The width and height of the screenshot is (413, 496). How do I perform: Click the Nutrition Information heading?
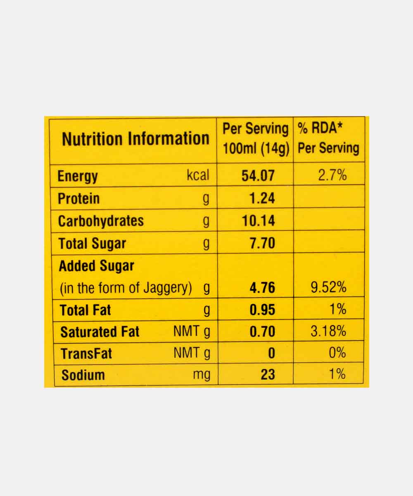tap(135, 139)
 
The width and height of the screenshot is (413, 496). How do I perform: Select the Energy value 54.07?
tap(258, 176)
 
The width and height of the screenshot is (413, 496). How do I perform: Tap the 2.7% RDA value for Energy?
tap(332, 175)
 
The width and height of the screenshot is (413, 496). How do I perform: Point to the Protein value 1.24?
tap(262, 198)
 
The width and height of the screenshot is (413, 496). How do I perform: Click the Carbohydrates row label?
tap(101, 221)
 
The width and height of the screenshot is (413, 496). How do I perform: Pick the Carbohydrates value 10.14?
tap(258, 221)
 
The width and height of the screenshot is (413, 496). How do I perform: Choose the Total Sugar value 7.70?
tap(262, 243)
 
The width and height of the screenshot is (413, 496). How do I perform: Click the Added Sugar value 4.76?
tap(262, 288)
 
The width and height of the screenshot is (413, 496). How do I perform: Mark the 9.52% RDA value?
tap(328, 287)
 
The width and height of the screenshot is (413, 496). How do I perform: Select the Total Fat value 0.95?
tap(262, 310)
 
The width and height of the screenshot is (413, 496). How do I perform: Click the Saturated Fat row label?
tap(100, 332)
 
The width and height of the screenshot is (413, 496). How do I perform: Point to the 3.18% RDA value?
tap(328, 331)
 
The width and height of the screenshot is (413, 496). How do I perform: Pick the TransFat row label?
tap(86, 354)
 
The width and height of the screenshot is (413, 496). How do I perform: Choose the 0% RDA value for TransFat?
tap(337, 353)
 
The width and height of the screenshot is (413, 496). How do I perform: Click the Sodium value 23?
tap(268, 375)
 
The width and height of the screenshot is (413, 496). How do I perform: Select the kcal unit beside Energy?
tap(198, 175)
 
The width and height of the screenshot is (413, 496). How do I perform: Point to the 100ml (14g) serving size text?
tap(256, 148)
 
